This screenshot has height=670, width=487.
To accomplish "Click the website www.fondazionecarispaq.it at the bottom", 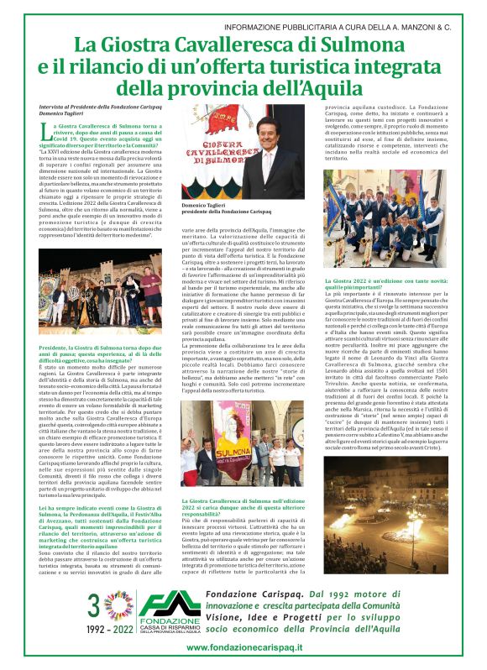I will [244, 646].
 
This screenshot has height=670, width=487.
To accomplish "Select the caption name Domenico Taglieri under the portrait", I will [205, 204].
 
